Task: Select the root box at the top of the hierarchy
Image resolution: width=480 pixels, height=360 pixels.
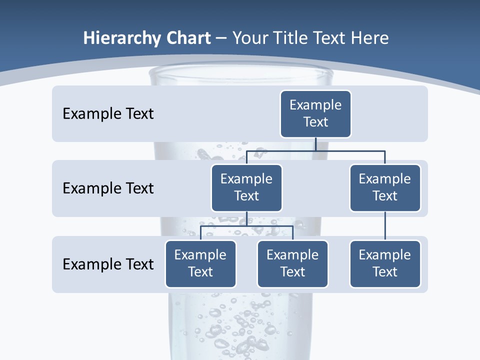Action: pyautogui.click(x=315, y=114)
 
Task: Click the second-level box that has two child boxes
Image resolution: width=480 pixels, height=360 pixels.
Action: pyautogui.click(x=246, y=188)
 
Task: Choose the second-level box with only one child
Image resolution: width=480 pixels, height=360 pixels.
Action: pyautogui.click(x=385, y=188)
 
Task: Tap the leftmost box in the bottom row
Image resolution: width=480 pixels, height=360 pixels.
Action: pyautogui.click(x=200, y=264)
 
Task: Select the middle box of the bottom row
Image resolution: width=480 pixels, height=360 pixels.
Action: pyautogui.click(x=292, y=264)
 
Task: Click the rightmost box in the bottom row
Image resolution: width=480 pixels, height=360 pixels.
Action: pyautogui.click(x=385, y=264)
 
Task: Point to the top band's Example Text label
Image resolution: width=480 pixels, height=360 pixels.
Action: pyautogui.click(x=108, y=114)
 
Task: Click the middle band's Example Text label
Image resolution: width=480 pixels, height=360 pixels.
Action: pyautogui.click(x=108, y=188)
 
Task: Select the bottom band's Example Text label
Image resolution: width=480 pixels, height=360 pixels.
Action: pyautogui.click(x=108, y=264)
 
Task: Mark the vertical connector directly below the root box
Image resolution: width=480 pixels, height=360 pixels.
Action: pyautogui.click(x=315, y=144)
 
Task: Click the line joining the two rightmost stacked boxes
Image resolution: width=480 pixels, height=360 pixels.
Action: pyautogui.click(x=385, y=226)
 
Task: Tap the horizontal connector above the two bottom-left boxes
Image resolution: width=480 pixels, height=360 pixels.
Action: pyautogui.click(x=246, y=226)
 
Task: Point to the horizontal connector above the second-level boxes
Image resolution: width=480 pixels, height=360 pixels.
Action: pyautogui.click(x=315, y=150)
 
